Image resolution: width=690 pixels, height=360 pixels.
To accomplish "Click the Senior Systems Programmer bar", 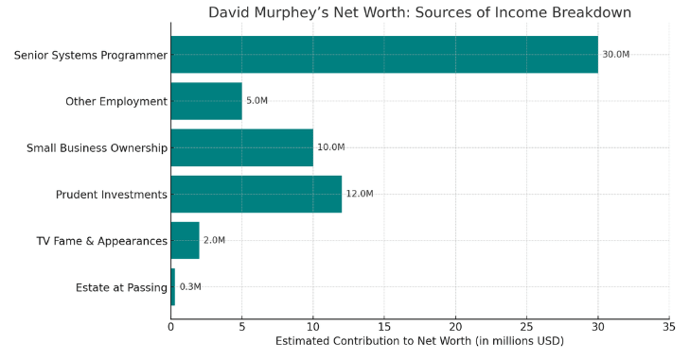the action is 384,55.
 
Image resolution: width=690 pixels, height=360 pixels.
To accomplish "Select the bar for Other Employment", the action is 206,101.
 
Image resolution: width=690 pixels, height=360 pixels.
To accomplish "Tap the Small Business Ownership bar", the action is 242,147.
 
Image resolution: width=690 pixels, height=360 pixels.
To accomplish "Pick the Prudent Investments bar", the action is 257,195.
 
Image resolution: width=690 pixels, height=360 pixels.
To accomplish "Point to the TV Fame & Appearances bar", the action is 186,240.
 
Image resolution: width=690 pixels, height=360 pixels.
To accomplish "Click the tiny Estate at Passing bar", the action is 173,287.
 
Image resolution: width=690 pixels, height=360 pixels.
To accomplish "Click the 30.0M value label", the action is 615,55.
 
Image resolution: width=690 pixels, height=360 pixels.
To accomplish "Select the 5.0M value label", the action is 257,101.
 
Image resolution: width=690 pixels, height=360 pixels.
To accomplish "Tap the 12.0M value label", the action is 360,194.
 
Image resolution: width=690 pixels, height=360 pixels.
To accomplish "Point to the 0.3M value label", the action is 190,287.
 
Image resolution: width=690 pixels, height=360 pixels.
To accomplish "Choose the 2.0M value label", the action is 214,240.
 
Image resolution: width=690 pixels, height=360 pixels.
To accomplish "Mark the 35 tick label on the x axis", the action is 669,327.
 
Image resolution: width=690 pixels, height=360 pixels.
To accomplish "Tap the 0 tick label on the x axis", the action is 170,327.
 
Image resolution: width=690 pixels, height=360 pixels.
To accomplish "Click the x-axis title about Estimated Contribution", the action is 419,341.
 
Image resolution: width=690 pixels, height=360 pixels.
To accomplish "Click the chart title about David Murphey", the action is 419,12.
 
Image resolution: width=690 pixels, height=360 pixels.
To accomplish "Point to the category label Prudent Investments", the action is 112,195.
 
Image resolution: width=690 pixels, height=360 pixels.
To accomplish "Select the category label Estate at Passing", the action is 121,287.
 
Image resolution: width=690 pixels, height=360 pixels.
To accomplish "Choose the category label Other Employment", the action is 116,101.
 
